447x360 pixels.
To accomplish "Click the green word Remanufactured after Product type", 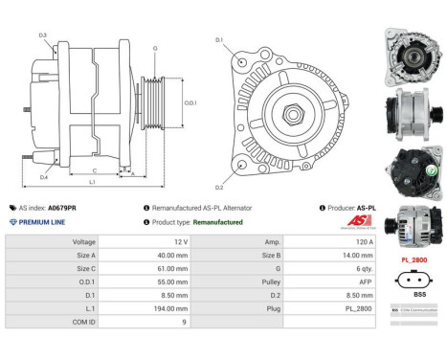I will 218,221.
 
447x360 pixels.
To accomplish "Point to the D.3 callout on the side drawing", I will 44,35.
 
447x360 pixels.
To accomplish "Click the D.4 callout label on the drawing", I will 44,177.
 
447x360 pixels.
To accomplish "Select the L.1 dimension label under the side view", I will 92,181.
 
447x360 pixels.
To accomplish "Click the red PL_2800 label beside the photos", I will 413,258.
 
